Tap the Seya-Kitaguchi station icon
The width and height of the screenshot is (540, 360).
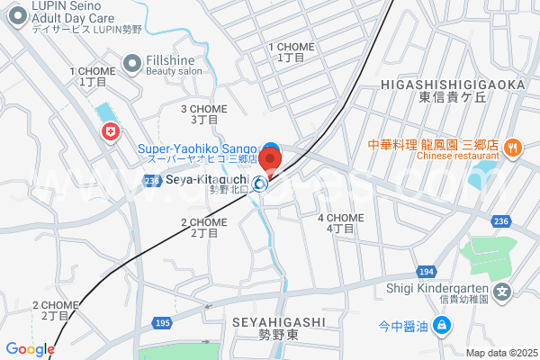[x=260, y=184]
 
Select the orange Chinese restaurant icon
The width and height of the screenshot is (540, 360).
[x=511, y=147]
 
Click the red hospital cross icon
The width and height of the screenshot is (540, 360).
[x=111, y=133]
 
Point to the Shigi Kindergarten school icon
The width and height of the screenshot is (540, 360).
[x=504, y=291]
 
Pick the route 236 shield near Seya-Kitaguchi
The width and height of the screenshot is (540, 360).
[x=150, y=181]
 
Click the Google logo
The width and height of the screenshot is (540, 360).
[x=30, y=349]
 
